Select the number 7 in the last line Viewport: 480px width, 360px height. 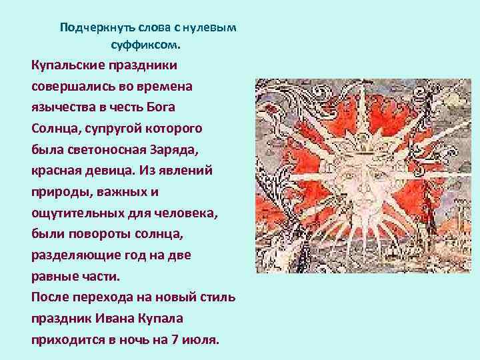pos(175,339)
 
